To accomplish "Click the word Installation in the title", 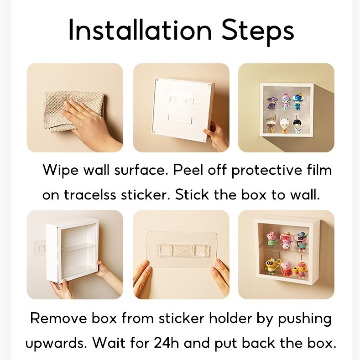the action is coord(140,30).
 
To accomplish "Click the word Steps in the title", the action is coord(258,32).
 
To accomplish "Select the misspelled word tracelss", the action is coord(89,195).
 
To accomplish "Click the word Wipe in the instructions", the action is coord(60,171).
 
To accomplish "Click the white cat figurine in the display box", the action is coord(284,125).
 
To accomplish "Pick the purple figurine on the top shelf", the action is coord(272,103).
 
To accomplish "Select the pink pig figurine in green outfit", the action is coord(271,239).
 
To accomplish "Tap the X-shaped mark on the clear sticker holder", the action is coord(184,250).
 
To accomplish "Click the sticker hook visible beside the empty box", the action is coord(41,248).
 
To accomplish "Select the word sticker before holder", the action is coord(181,318).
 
